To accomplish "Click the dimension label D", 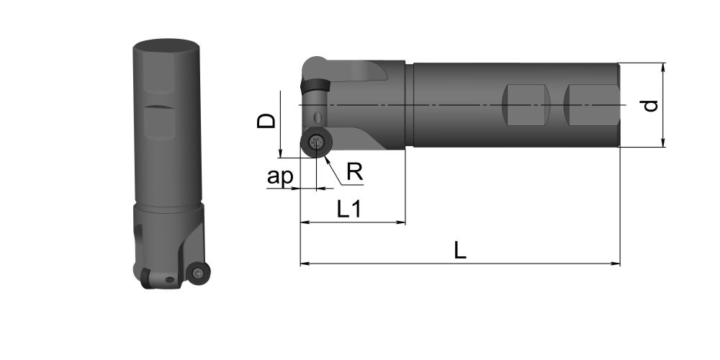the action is coord(266,120).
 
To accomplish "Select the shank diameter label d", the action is coord(650,106).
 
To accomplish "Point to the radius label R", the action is coord(355,172).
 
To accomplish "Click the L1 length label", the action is coord(349,209).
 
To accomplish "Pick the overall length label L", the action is coord(460,251).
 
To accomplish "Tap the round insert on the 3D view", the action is coord(198,272).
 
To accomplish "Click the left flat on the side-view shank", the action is coord(526,105).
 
